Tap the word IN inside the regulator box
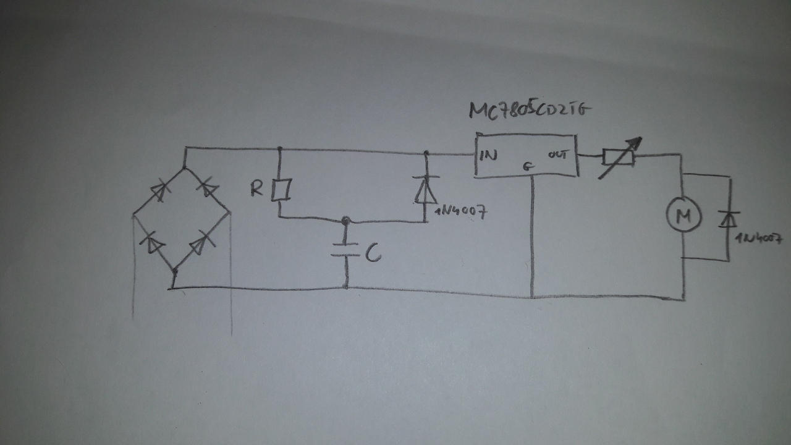coord(488,156)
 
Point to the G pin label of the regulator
coord(527,166)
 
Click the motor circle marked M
coord(682,215)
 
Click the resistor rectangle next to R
coord(280,190)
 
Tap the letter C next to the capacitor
coord(372,254)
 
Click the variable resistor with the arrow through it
coord(618,158)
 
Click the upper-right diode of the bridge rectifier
coord(206,189)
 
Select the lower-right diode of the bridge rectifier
coord(199,245)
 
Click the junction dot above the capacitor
coord(345,220)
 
